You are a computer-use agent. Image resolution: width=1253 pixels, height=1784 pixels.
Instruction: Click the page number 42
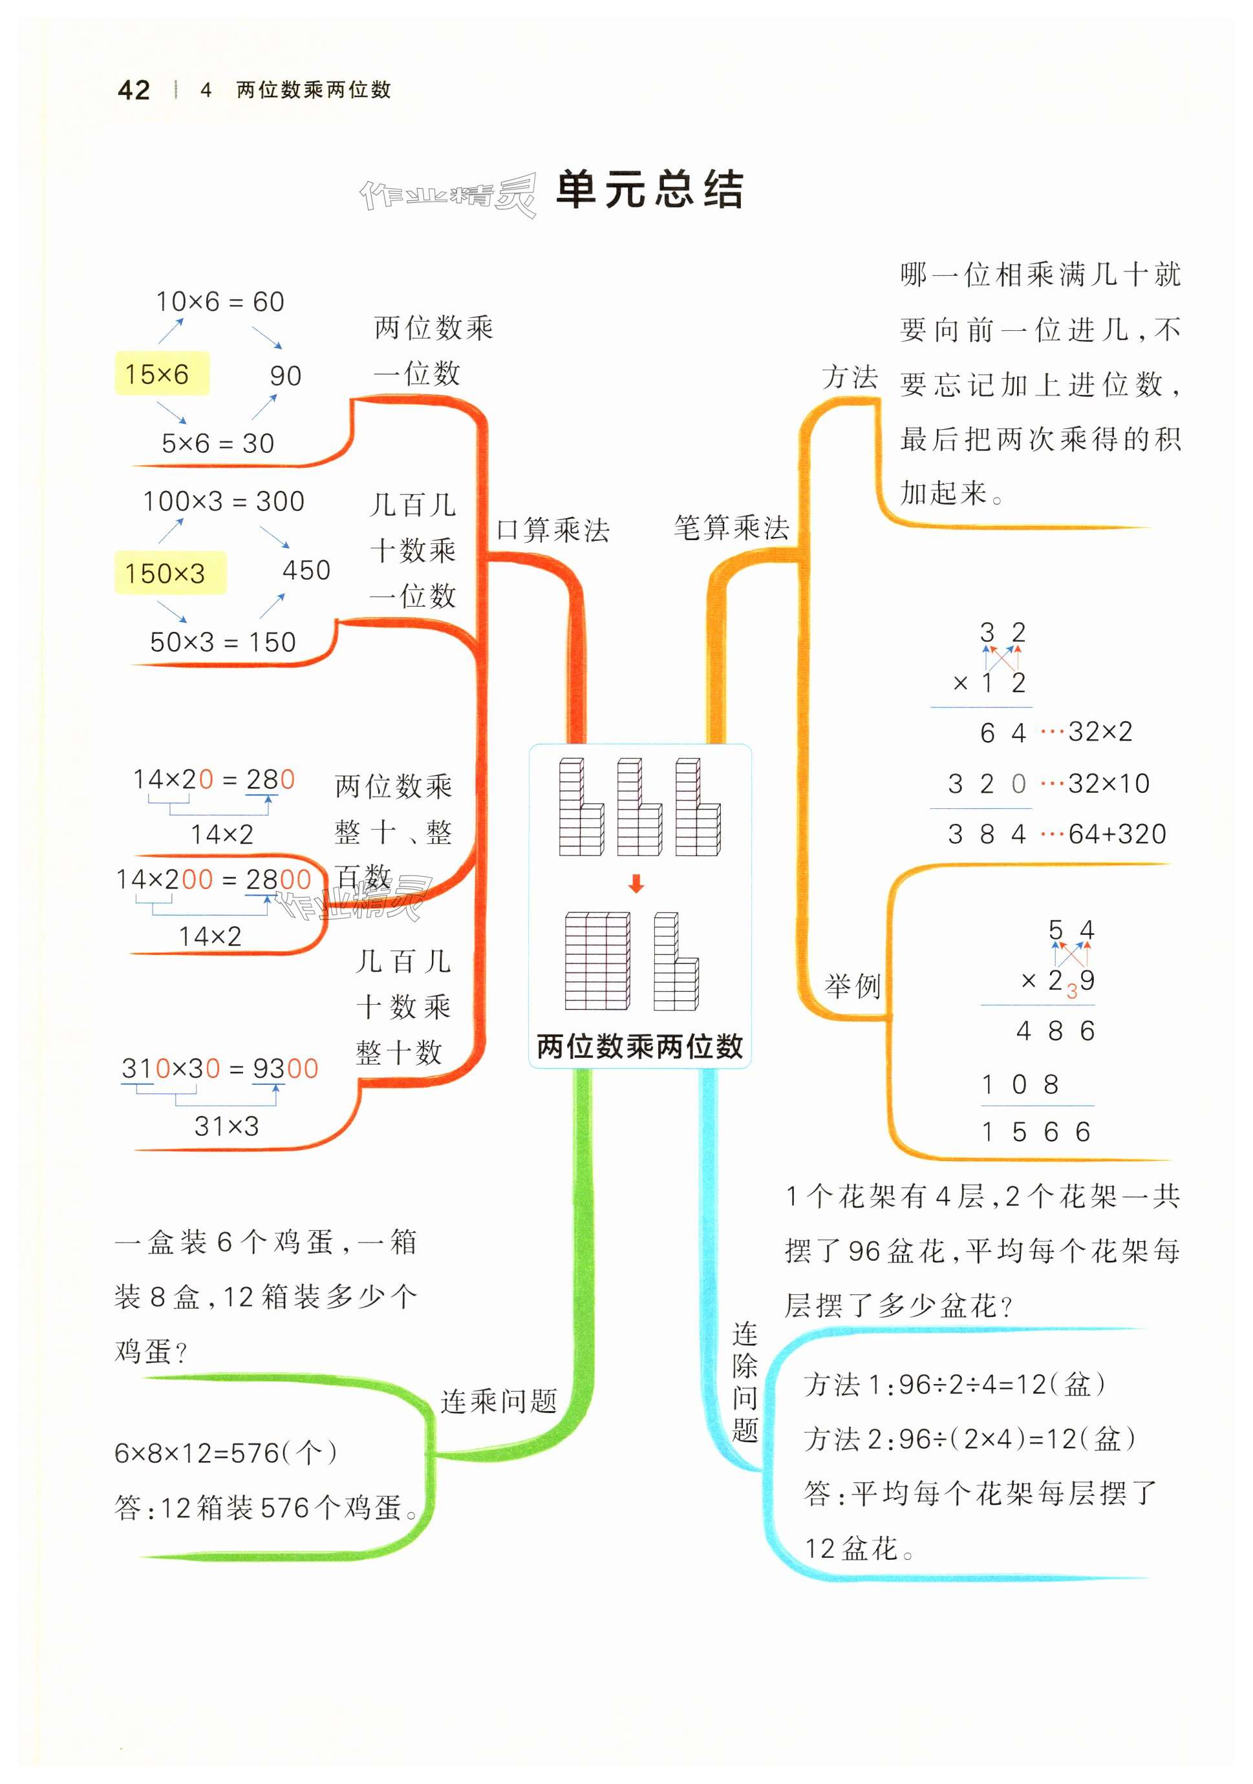click(134, 90)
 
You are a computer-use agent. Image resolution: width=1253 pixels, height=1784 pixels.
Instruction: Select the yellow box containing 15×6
click(162, 373)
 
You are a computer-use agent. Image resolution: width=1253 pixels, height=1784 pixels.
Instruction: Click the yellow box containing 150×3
click(169, 572)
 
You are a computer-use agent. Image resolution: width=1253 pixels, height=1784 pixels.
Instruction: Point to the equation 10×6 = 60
click(220, 302)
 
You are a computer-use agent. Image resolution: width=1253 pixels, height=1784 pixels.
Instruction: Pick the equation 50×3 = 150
click(222, 642)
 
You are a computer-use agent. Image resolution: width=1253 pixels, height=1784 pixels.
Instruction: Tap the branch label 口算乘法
click(553, 530)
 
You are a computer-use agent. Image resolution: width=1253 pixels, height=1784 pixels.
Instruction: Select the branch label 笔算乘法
click(731, 528)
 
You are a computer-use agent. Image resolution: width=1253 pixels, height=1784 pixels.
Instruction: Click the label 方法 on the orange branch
click(850, 377)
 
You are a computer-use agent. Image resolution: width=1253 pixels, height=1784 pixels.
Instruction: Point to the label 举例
click(852, 986)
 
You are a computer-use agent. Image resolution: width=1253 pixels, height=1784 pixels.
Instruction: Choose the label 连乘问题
click(498, 1401)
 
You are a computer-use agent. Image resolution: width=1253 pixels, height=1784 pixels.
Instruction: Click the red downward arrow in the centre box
click(636, 883)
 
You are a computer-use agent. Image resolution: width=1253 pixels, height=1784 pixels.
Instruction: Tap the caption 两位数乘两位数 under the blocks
click(639, 1047)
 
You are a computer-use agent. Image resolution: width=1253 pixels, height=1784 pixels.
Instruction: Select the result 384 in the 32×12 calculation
click(987, 834)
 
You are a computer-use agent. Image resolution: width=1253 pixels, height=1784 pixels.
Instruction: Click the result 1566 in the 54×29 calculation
click(1034, 1131)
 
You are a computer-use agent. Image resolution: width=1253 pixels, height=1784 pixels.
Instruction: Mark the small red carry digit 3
click(1072, 991)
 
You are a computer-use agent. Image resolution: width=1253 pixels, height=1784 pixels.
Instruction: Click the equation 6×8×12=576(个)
click(226, 1453)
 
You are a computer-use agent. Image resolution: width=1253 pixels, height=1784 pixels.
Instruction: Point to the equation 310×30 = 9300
click(220, 1068)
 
